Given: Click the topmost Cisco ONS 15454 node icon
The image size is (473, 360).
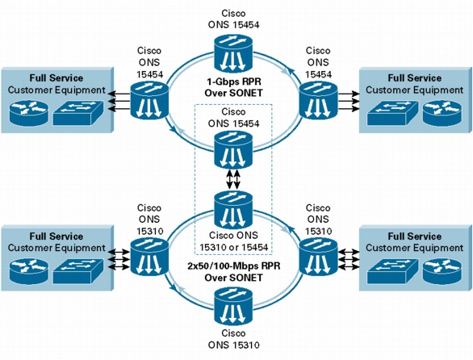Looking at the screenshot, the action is [233, 53].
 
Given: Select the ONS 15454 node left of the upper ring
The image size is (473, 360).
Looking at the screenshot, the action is [149, 100].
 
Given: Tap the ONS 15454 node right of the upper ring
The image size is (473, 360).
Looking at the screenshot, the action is [318, 100].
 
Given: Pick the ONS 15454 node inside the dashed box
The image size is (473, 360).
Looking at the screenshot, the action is [233, 150].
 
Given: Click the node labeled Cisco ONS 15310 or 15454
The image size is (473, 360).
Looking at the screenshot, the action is [233, 210].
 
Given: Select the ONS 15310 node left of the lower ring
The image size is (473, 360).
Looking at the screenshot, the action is [149, 257].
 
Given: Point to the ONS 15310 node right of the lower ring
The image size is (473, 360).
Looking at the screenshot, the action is [318, 257].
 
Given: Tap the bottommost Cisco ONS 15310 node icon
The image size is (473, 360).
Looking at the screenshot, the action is [233, 308].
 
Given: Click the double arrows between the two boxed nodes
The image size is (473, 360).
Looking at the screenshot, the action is [233, 180].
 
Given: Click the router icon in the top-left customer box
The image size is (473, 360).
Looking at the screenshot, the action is [29, 113].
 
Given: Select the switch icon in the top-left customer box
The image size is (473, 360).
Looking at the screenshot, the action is [78, 113].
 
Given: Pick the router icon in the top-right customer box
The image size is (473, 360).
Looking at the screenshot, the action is [442, 113].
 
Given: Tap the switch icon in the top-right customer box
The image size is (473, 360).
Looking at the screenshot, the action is [393, 113].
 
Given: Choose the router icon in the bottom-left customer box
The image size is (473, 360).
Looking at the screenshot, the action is [29, 271].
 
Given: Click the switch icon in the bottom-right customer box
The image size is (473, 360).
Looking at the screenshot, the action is [393, 271].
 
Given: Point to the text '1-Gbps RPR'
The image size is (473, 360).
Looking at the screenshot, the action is [234, 82].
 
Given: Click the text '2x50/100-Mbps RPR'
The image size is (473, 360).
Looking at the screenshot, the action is [234, 266].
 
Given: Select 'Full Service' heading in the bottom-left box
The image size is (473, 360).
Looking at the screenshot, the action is [57, 236].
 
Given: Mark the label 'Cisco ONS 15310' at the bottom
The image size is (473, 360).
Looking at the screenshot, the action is [233, 339].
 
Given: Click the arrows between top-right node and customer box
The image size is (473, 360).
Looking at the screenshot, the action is [349, 101].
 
